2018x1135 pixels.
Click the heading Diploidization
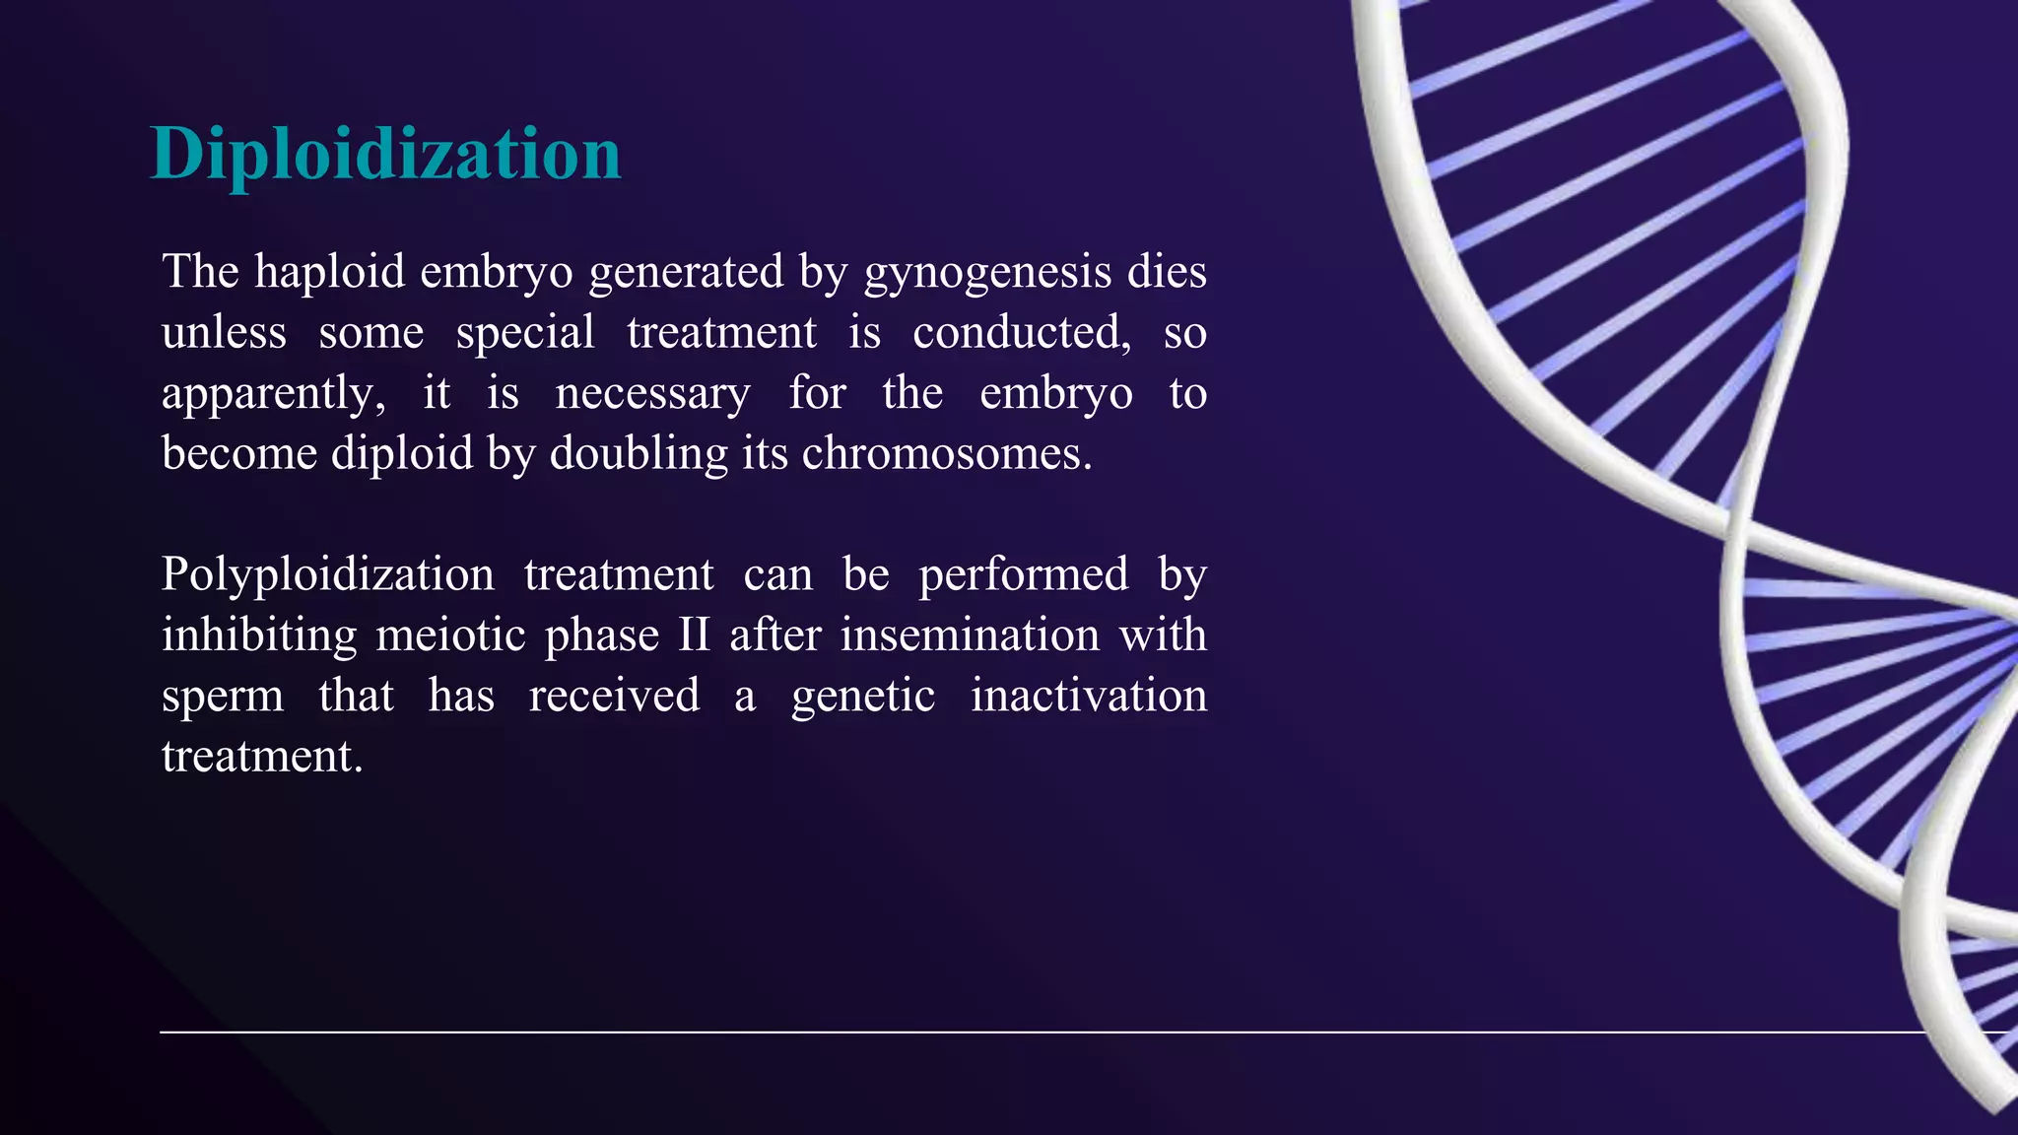[x=385, y=155]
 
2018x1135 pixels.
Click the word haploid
[x=329, y=271]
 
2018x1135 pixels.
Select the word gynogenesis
[x=987, y=273]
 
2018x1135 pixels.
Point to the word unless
[x=224, y=332]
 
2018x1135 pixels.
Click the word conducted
[x=1021, y=332]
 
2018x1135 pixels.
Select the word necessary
[x=652, y=394]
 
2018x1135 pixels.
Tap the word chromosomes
[x=946, y=454]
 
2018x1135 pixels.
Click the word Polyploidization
[x=327, y=575]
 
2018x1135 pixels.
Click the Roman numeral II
[x=694, y=635]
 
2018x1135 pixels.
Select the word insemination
[x=970, y=635]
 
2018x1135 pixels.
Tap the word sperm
[x=223, y=698]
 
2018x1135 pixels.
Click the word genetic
[x=862, y=697]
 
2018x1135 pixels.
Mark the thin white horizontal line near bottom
[x=985, y=1033]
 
